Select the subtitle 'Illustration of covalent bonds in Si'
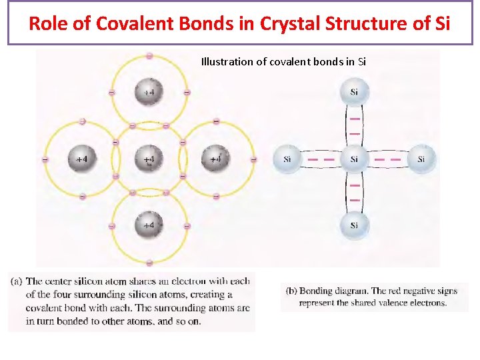[x=283, y=62]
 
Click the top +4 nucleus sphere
[x=148, y=92]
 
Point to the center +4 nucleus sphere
[x=148, y=159]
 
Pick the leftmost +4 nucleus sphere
[x=81, y=159]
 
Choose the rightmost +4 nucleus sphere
[x=215, y=159]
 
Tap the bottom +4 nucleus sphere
[x=148, y=225]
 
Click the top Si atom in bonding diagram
[x=354, y=92]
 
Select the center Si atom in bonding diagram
[x=354, y=159]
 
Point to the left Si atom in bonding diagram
[x=287, y=159]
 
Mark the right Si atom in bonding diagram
[x=421, y=159]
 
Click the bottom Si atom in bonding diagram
[x=354, y=225]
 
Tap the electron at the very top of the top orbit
[x=149, y=55]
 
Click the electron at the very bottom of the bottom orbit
[x=149, y=263]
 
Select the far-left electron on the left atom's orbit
[x=45, y=159]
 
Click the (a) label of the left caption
[x=17, y=281]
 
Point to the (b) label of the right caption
[x=291, y=291]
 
